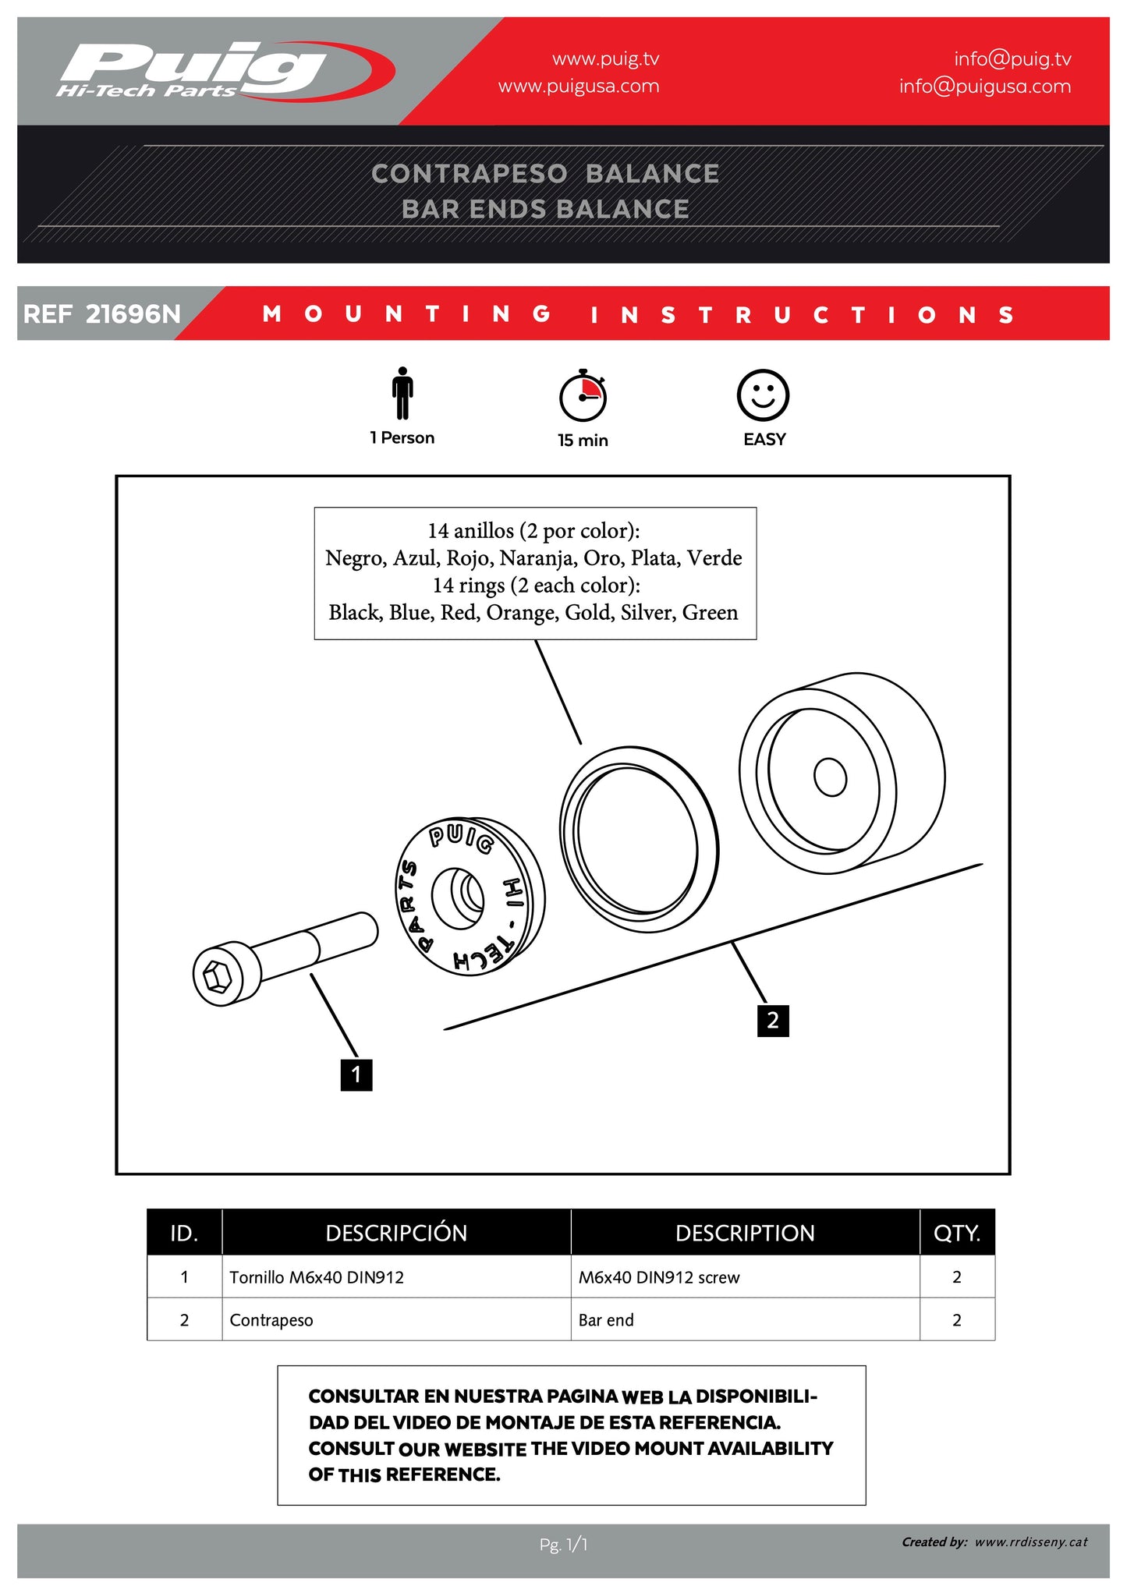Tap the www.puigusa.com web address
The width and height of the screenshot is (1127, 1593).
(579, 87)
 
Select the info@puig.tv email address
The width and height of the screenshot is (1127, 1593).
(1012, 59)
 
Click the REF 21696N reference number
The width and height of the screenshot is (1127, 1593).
(102, 314)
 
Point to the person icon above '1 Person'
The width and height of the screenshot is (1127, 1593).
(402, 393)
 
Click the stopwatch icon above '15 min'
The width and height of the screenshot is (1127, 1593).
(583, 395)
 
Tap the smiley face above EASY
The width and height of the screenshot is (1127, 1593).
(763, 395)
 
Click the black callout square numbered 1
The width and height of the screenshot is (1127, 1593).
(356, 1075)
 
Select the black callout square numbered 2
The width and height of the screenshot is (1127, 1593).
(773, 1021)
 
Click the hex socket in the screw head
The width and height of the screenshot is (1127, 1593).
(217, 975)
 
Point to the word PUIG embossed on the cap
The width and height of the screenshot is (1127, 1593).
(461, 838)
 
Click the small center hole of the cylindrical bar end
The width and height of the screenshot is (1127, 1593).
(830, 777)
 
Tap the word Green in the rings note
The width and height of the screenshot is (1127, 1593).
(710, 613)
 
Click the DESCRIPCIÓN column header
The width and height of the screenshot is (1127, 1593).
(396, 1233)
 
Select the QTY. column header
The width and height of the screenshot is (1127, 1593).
(957, 1233)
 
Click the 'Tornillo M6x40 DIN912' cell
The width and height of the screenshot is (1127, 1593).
(317, 1277)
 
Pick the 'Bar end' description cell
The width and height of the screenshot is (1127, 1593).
(606, 1320)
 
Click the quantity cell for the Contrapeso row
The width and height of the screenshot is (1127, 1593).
(957, 1320)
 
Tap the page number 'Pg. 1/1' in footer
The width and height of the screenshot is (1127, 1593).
(563, 1544)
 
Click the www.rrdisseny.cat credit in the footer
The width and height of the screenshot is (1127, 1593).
(1030, 1542)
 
